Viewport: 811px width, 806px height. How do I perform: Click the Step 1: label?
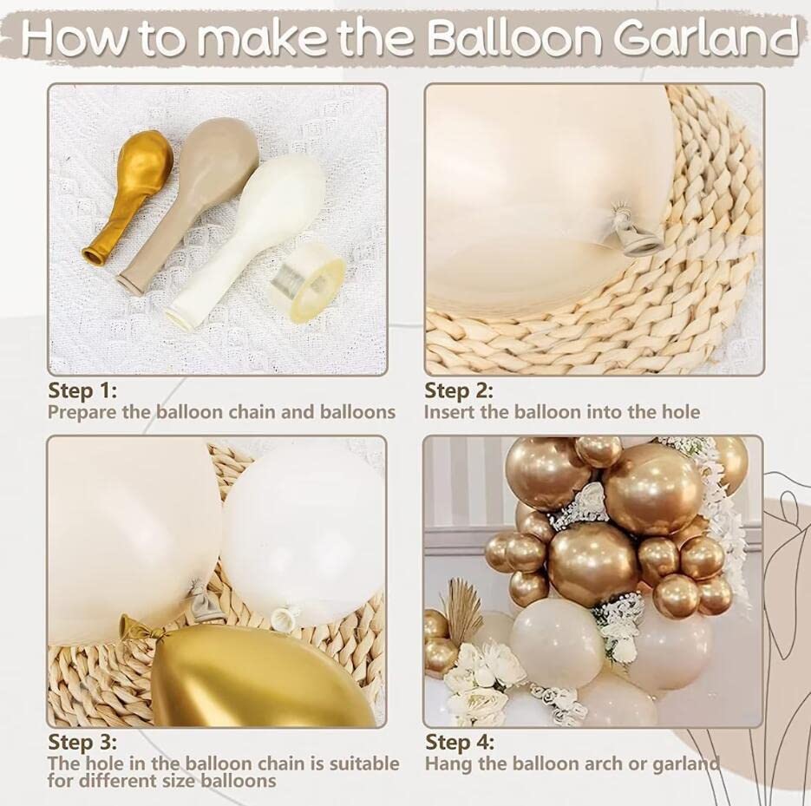pyautogui.click(x=82, y=390)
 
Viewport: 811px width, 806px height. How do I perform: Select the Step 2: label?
pyautogui.click(x=459, y=390)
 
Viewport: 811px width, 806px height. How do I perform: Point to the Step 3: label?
pyautogui.click(x=82, y=743)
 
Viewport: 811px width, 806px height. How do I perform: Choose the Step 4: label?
pyautogui.click(x=460, y=743)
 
